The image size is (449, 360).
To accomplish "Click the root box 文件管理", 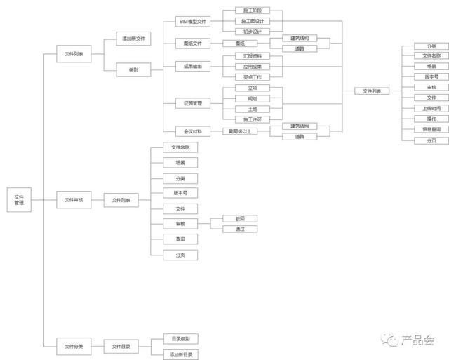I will coord(19,200).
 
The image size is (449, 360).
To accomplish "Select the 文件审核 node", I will coord(74,200).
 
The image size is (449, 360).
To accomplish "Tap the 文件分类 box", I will coord(74,346).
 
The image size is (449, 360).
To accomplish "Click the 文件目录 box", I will coord(121,346).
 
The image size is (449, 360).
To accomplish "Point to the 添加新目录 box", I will coord(180,354).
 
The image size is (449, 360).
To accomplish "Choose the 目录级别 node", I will coord(180,338).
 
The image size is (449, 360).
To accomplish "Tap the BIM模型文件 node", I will coord(192,22).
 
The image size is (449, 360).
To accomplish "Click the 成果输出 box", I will coord(192,66).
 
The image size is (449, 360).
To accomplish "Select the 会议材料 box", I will coord(192,131).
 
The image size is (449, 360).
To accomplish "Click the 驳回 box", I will coord(240,219).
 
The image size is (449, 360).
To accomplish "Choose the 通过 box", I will coord(240,229).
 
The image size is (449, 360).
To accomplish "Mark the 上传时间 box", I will coord(431,108).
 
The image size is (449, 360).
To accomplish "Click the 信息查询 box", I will coord(431,129).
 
